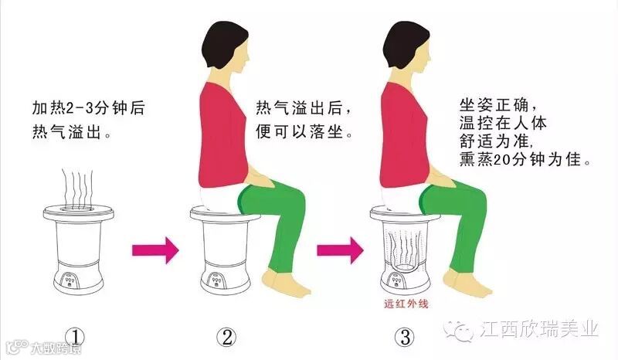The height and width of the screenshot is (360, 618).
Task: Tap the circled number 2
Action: pos(226,338)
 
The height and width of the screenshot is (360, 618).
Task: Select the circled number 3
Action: pos(405,338)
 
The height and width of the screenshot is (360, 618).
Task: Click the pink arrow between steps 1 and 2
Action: pos(155,250)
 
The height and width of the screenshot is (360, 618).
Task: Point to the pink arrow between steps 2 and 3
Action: pos(340,250)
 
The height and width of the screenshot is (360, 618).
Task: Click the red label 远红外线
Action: pos(406,304)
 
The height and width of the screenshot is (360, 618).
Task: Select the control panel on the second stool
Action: pos(216,279)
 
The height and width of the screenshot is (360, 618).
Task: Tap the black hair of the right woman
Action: pos(404,43)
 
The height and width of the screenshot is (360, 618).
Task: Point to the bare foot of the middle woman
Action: pos(287,284)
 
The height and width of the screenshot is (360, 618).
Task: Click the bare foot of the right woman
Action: pos(467,284)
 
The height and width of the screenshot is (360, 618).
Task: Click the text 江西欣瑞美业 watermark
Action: pos(539,329)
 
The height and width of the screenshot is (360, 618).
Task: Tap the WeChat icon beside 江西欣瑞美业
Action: pos(459,330)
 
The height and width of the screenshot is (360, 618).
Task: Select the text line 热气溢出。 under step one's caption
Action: pos(71,132)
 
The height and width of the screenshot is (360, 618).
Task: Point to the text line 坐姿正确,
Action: pos(497,105)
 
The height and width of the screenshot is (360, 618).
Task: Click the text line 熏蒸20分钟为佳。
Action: pos(525,159)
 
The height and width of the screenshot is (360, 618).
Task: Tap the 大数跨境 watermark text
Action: pos(56,348)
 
